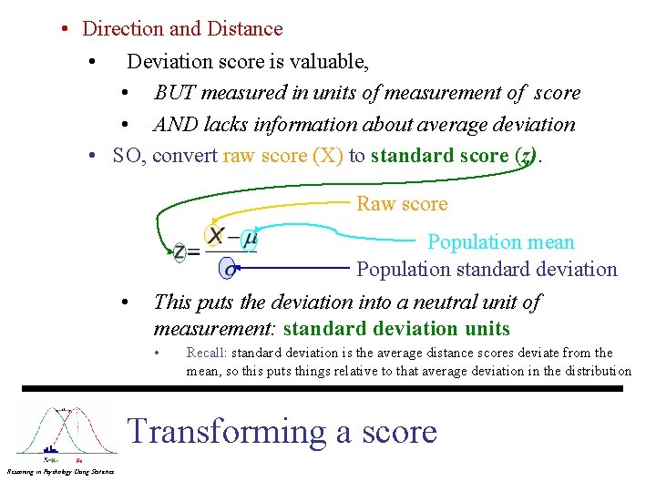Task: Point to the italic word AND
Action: [175, 125]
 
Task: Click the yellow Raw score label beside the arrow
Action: [402, 204]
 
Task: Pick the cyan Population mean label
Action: [501, 242]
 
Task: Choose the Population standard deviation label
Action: [487, 270]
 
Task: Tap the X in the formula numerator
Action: [216, 237]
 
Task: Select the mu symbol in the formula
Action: [248, 238]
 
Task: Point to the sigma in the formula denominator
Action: [230, 269]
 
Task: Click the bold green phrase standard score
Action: [439, 156]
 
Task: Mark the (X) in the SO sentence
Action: [327, 156]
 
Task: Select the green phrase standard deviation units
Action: [396, 329]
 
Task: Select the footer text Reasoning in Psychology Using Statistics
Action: [59, 471]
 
